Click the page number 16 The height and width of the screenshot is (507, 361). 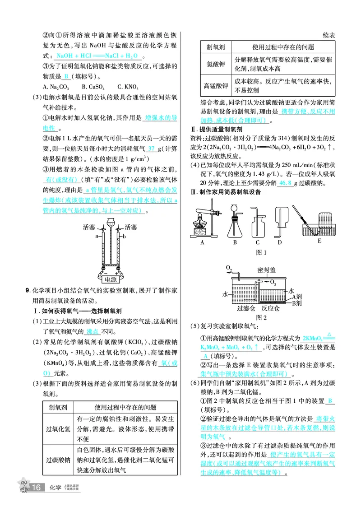[37, 488]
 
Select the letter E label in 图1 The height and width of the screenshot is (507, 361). [319, 241]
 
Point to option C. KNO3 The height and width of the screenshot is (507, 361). [128, 87]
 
